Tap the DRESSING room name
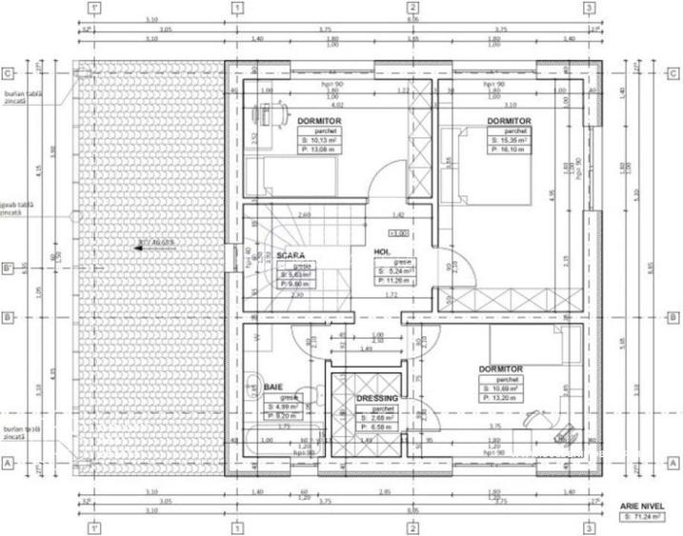(x=376, y=399)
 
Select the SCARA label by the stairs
(x=290, y=256)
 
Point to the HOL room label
(x=382, y=251)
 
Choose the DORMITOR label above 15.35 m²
(x=509, y=122)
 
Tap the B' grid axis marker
(x=8, y=268)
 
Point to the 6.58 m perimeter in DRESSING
(x=375, y=427)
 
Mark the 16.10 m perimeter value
(x=509, y=149)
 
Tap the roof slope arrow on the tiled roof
(x=143, y=244)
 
